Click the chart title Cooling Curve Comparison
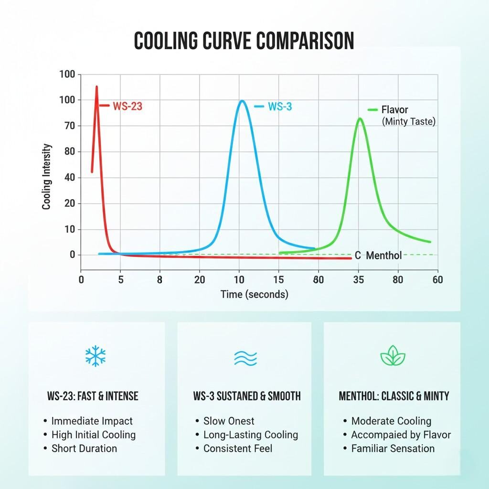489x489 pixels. [x=244, y=42]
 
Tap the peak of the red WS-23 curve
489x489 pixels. [x=96, y=87]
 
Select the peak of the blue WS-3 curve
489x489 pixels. [x=242, y=101]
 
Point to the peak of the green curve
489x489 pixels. [x=360, y=119]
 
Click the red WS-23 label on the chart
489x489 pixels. [x=128, y=106]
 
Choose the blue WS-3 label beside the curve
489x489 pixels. [x=280, y=106]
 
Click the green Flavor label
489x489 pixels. [x=394, y=110]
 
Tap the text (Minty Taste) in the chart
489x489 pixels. [x=409, y=122]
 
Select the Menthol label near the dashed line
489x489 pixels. [x=383, y=255]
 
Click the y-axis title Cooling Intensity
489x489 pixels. [x=47, y=177]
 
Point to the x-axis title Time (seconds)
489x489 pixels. [x=255, y=294]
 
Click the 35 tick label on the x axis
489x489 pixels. [x=359, y=280]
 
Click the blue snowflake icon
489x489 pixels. [x=96, y=356]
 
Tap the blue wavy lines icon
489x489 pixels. [x=245, y=357]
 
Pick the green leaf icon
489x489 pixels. [x=393, y=356]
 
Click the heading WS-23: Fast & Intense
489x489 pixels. [x=93, y=396]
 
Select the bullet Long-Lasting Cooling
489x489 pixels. [x=250, y=435]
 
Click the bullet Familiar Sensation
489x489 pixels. [x=393, y=448]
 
